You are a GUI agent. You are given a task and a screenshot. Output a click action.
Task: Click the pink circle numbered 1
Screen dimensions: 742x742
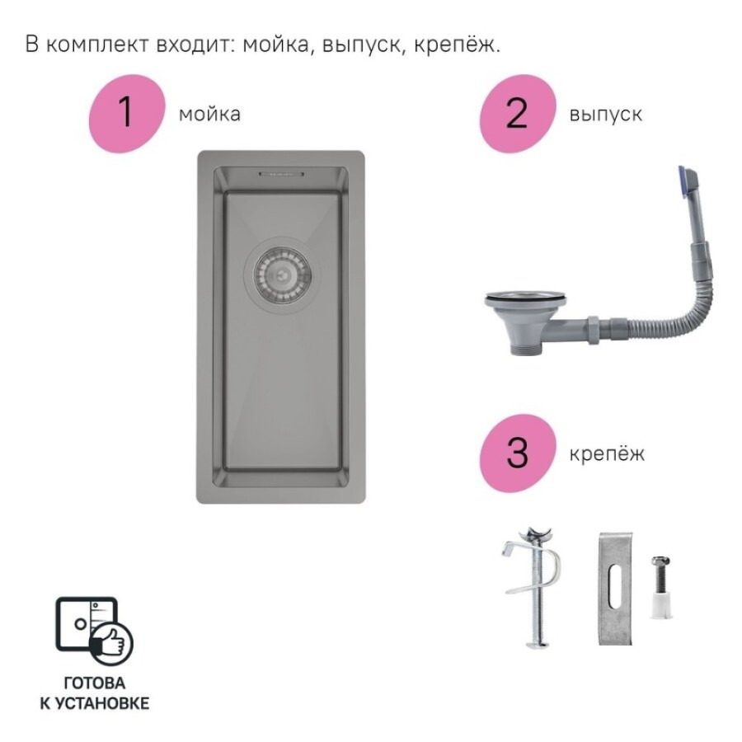click(x=127, y=114)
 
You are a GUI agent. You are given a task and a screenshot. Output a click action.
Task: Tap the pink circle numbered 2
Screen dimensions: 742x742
click(x=517, y=114)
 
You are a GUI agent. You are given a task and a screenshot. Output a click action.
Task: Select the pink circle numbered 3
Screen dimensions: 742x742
click(x=517, y=453)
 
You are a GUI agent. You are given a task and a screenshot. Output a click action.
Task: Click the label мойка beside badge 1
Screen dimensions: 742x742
click(x=209, y=114)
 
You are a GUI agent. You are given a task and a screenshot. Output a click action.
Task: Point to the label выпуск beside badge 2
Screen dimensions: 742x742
click(x=606, y=115)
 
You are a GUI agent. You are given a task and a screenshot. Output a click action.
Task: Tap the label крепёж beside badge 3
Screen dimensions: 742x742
click(x=607, y=453)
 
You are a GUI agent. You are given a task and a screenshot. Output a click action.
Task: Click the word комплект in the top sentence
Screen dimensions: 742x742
click(x=99, y=45)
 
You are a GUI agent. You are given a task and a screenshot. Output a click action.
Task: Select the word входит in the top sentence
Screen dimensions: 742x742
click(x=195, y=45)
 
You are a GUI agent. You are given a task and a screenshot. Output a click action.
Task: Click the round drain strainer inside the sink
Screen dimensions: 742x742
click(x=282, y=275)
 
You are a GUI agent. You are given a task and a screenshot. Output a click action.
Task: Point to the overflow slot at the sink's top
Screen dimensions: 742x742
click(x=281, y=174)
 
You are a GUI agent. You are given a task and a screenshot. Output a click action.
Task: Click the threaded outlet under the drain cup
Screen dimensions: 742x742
click(x=524, y=349)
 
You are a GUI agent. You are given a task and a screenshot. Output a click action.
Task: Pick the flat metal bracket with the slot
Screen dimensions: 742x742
click(x=615, y=589)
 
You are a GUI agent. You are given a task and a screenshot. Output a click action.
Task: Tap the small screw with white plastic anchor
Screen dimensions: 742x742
click(x=660, y=587)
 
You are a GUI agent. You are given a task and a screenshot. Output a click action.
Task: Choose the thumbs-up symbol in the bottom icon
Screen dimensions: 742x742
click(x=111, y=642)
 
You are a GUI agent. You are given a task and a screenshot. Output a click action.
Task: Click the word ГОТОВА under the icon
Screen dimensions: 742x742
click(x=95, y=683)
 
